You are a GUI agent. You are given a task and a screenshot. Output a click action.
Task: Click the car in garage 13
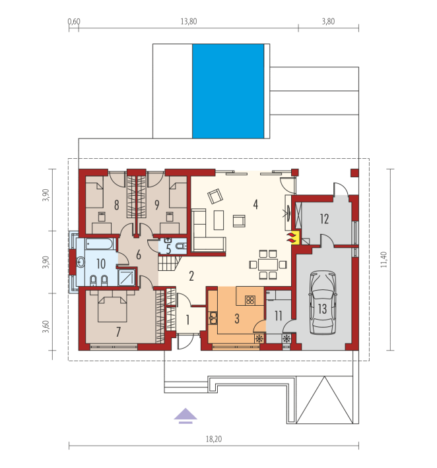[322, 303]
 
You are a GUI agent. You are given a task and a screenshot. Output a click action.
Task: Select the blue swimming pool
[228, 91]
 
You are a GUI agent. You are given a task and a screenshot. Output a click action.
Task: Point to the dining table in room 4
[268, 265]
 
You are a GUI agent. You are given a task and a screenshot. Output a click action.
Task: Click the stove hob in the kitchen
[250, 300]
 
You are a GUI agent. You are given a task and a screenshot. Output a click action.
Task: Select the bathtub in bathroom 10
[100, 244]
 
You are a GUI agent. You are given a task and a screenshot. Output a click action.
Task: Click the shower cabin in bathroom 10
[127, 278]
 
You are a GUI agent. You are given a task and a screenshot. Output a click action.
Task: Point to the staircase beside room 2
[169, 263]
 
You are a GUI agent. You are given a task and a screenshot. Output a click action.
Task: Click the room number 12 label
[324, 219]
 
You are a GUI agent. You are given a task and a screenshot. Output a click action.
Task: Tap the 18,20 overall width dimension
[214, 439]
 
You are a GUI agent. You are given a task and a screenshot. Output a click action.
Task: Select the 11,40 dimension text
[384, 260]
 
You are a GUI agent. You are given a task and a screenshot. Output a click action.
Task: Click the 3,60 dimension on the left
[46, 326]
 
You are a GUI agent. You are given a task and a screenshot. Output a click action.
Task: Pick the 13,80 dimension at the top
[189, 22]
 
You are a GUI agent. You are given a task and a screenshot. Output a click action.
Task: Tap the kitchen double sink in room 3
[213, 318]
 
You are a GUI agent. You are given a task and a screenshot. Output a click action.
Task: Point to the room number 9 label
[157, 205]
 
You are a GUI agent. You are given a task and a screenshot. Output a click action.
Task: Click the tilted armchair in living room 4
[215, 196]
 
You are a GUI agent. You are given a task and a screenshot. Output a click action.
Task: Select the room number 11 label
[279, 316]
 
